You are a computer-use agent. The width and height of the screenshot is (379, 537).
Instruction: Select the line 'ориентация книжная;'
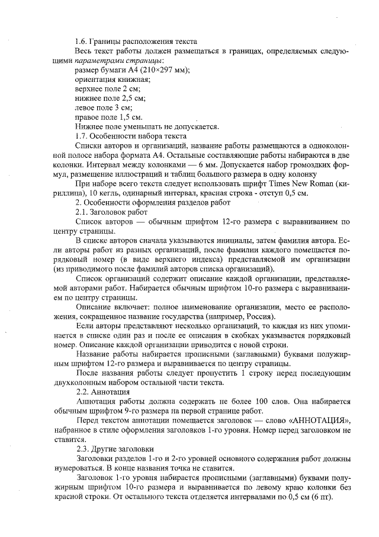[x=113, y=80]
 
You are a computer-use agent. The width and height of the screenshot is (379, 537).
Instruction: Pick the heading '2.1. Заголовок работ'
[x=112, y=212]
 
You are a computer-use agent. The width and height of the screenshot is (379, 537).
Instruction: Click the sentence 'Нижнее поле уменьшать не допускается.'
[x=147, y=126]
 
